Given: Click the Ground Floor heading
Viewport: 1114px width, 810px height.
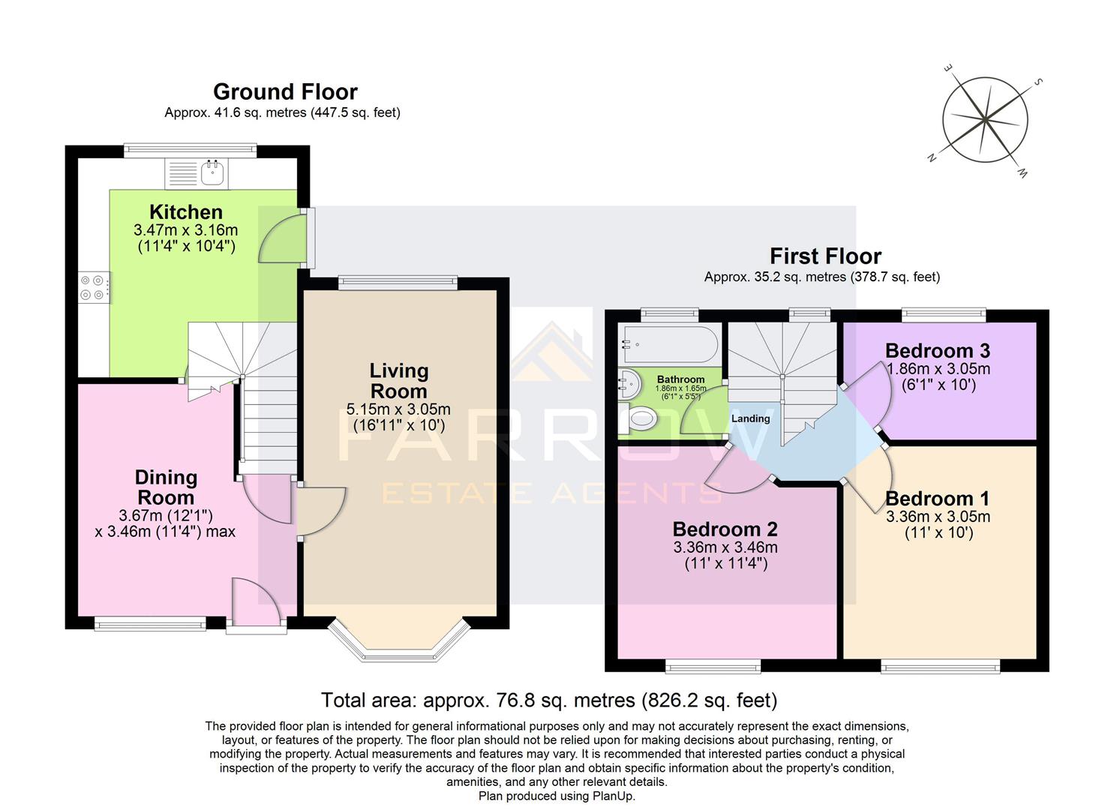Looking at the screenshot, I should coord(285,91).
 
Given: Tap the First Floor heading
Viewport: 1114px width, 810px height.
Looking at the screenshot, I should coord(825,256).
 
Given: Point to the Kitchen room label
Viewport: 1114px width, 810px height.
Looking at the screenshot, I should coord(186,212).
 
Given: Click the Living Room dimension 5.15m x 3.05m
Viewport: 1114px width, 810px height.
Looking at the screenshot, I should coord(398,409).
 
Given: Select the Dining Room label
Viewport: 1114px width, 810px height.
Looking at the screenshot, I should coord(166,487).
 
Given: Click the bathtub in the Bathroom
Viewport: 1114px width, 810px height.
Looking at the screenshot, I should coord(669,344).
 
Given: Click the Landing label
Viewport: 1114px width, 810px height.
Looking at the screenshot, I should coord(750,418).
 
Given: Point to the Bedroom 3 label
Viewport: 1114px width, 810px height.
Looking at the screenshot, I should coord(937,351).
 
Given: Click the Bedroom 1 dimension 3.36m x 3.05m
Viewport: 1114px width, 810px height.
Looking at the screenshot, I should coord(938,517).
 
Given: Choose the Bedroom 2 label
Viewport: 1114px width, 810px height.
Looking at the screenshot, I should coord(725,529).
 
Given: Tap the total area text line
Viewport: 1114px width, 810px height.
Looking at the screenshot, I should coord(549,700).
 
